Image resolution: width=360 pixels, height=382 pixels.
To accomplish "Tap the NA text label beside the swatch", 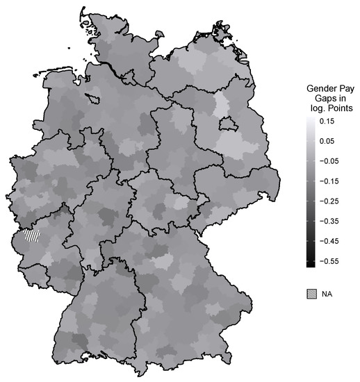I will coord(327,294).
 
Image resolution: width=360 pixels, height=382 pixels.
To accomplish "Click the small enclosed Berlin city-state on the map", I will coord(226,124).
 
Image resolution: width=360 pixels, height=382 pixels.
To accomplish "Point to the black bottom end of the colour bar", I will coord(311,263).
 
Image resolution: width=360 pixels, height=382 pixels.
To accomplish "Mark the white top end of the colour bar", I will coord(311,119).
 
